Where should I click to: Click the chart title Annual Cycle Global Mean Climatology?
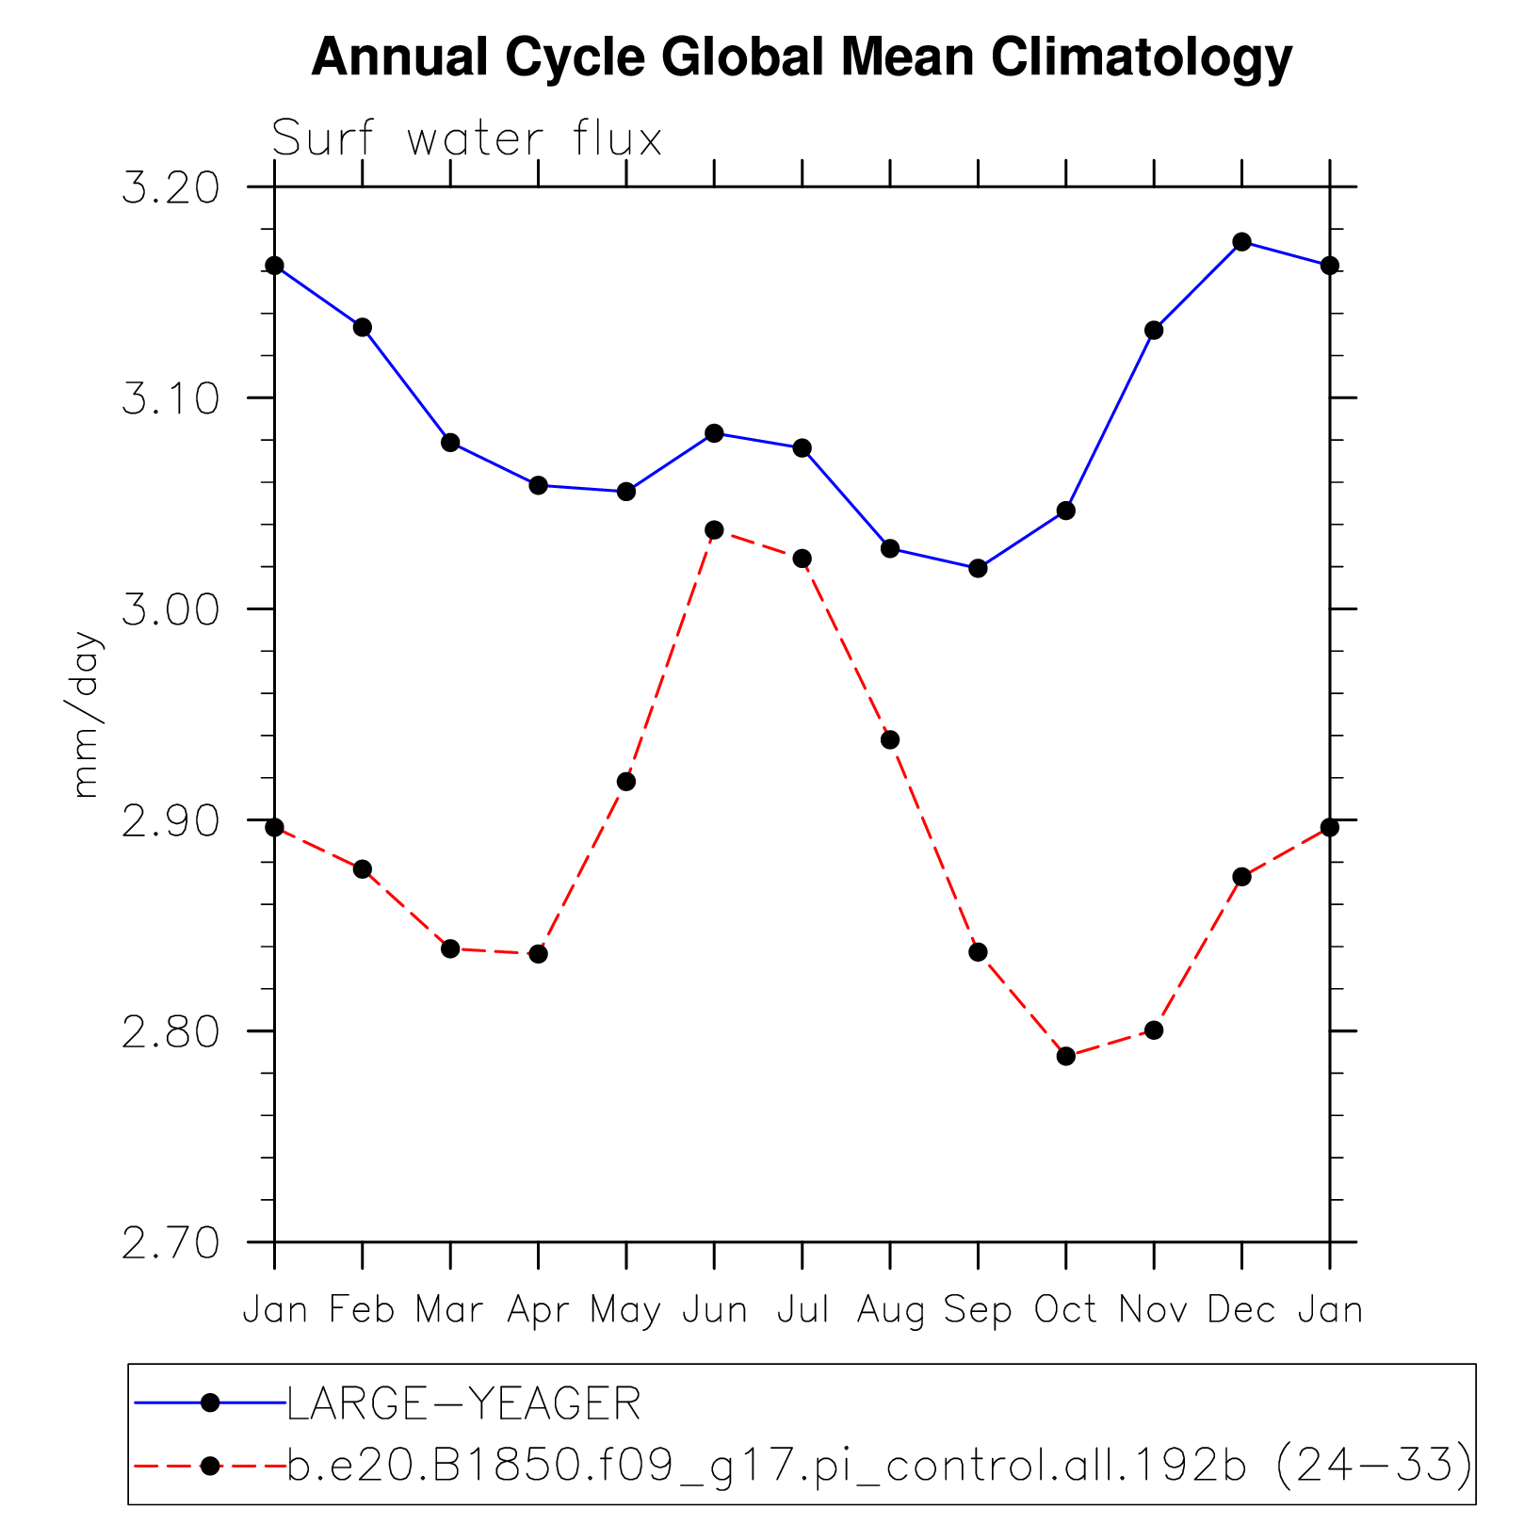801,58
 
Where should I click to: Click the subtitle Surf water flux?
467,139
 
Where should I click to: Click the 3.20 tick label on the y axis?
170,188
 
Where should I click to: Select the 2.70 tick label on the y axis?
170,1243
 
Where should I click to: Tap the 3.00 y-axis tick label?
170,610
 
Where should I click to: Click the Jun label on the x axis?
714,1310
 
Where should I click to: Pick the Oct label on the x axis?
1065,1310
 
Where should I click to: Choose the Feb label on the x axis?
362,1310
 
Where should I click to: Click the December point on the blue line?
1241,242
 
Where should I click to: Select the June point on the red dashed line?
714,530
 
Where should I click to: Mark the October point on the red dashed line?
1065,1056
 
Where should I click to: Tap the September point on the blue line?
978,568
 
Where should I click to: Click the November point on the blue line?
1154,330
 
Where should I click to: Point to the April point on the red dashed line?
538,954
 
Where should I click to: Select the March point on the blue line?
450,443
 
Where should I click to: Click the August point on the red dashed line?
890,739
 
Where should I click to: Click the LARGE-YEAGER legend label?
463,1404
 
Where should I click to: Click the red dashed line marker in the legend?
211,1466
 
